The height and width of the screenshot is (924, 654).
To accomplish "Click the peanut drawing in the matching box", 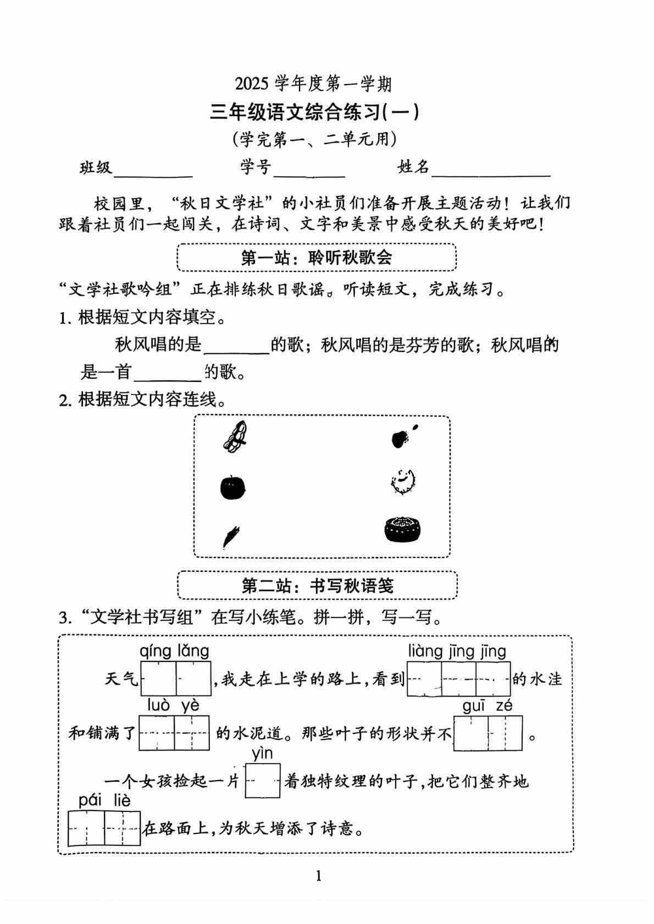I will (236, 437).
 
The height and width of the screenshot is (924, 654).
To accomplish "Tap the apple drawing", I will (232, 487).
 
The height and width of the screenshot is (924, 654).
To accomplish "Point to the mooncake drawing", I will (403, 529).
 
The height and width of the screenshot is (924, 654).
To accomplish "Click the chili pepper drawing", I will (231, 536).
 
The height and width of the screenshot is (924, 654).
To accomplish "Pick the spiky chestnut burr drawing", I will (403, 482).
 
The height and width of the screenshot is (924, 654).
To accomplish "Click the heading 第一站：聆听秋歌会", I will (317, 258).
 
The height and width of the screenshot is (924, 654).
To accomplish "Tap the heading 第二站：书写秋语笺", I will (317, 586).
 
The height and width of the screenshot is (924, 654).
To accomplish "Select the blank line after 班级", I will (152, 174).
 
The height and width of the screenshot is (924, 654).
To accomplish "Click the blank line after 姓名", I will (490, 174).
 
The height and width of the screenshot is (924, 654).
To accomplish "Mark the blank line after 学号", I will (309, 174).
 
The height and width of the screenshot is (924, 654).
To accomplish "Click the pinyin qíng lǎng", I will (174, 651).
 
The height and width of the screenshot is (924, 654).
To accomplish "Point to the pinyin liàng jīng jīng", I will (457, 651).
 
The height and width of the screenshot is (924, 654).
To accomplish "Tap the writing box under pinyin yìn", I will (263, 781).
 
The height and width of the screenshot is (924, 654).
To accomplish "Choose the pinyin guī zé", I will (487, 705).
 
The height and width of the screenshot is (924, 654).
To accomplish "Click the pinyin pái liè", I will (104, 800).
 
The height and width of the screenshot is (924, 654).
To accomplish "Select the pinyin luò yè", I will (173, 705).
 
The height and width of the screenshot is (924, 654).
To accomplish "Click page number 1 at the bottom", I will (319, 876).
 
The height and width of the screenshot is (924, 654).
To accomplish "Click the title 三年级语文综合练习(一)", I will (315, 112).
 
